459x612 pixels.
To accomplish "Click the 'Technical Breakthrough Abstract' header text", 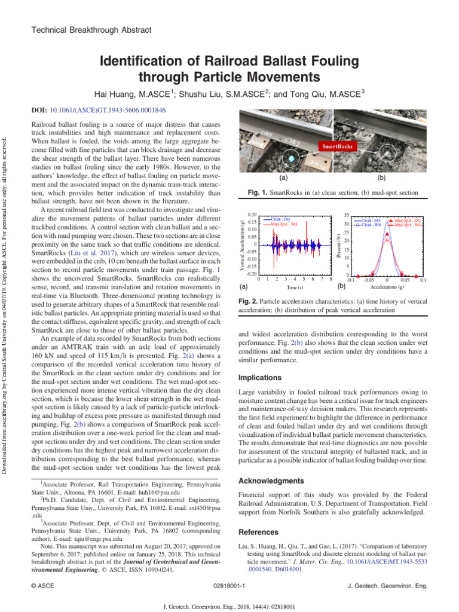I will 91,30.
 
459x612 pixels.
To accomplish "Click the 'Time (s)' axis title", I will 295,287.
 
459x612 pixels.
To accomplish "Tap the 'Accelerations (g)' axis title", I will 387,287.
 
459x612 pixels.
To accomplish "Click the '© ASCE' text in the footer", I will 42,586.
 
